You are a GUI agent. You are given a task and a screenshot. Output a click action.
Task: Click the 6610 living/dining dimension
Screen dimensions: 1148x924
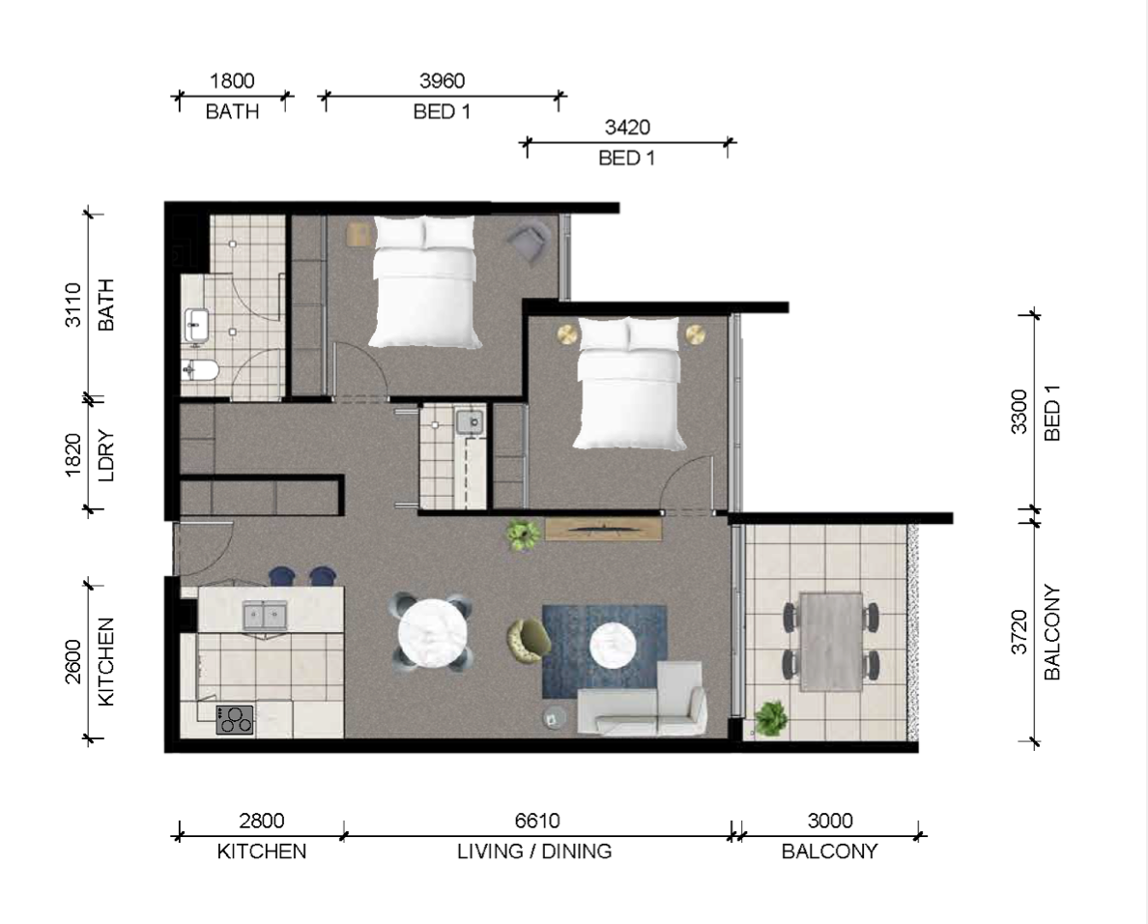[x=537, y=821]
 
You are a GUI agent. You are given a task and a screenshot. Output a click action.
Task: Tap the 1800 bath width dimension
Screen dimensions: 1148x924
[x=232, y=80]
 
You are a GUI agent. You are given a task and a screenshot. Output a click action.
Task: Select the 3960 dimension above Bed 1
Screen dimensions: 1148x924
[x=443, y=80]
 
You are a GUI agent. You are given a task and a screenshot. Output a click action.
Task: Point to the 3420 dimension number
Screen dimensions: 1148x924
[x=627, y=128]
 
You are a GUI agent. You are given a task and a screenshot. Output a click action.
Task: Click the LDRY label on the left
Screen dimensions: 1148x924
[x=106, y=455]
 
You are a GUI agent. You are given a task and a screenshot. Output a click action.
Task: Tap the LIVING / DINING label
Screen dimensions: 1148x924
[x=534, y=852]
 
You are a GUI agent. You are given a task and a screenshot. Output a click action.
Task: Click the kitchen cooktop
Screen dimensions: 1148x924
[x=235, y=719]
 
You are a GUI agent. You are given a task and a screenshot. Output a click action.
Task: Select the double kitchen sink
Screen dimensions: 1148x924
[x=264, y=616]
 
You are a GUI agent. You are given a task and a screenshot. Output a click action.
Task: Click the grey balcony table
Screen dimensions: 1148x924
[x=831, y=642]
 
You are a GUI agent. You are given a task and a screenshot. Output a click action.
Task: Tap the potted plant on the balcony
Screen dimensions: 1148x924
[x=771, y=717]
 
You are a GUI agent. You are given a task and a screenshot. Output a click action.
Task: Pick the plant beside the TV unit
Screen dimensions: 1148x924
[x=522, y=534]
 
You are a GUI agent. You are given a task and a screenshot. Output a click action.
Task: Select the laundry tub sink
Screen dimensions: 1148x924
[x=470, y=422]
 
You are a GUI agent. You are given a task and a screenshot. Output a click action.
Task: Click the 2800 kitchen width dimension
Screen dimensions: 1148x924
[x=261, y=821]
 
